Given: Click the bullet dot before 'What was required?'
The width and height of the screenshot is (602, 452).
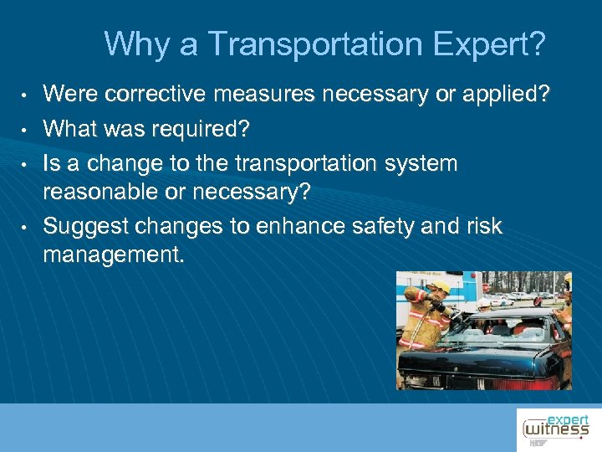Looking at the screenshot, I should (x=27, y=130).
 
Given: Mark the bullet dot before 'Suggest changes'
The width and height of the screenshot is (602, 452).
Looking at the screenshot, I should (x=27, y=227).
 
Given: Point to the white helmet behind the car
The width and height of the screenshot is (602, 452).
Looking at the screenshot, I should (x=484, y=303).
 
